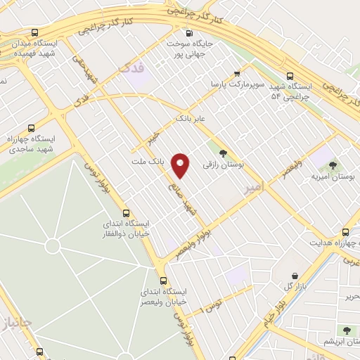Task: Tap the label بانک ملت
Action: (x=148, y=161)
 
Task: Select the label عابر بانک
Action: (x=191, y=118)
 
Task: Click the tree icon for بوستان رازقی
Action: (x=223, y=153)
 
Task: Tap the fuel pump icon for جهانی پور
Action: (x=188, y=33)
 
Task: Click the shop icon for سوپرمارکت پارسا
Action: (x=237, y=72)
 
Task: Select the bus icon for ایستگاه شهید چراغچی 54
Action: (x=290, y=76)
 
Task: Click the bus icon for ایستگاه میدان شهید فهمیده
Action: (x=35, y=32)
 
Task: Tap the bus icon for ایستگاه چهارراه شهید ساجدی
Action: (x=30, y=128)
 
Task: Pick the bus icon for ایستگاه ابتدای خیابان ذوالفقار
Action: (x=126, y=213)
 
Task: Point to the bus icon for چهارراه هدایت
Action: (x=345, y=231)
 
